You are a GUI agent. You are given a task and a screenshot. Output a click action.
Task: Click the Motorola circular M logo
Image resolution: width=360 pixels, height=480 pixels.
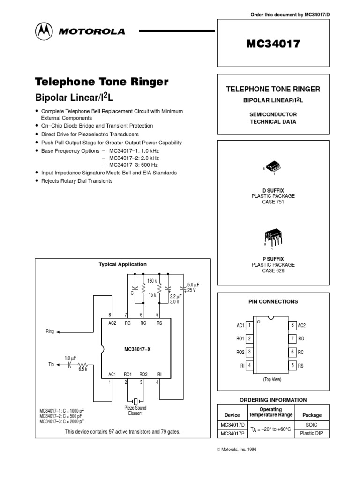click(43, 31)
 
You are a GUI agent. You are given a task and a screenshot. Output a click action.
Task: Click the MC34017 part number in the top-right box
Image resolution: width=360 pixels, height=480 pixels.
click(273, 44)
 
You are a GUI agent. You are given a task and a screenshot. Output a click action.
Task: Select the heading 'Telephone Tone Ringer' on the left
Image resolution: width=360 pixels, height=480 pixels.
click(102, 82)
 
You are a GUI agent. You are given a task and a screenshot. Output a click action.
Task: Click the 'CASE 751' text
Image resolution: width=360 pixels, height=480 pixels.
click(273, 202)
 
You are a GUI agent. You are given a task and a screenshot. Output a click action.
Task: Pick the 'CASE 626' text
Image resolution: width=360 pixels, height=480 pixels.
click(273, 270)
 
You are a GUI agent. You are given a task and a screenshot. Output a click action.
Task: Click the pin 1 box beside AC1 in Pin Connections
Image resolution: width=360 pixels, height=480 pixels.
click(250, 325)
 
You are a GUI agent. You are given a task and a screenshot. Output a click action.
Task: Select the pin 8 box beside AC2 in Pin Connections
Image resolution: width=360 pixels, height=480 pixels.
click(292, 325)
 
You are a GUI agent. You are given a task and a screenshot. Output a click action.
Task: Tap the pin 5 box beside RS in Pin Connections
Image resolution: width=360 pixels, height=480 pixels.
click(292, 365)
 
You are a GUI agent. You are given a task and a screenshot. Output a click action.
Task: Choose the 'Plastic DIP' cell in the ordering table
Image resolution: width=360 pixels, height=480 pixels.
click(312, 434)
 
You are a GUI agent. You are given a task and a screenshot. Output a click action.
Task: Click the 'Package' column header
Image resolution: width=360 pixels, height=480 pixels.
click(312, 415)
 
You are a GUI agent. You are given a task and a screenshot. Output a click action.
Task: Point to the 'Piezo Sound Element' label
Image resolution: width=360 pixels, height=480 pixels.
click(135, 411)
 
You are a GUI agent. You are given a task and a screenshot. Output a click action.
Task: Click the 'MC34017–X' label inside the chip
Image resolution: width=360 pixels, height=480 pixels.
click(136, 349)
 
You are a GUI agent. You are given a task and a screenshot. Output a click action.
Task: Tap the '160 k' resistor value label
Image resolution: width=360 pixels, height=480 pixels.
click(151, 281)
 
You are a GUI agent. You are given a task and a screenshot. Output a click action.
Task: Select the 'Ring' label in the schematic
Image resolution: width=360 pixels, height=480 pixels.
click(50, 331)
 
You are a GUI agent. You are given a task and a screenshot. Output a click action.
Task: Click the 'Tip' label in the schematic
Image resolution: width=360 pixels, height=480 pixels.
click(52, 363)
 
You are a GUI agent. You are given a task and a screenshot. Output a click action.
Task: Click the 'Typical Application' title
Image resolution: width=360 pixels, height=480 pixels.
click(122, 264)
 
